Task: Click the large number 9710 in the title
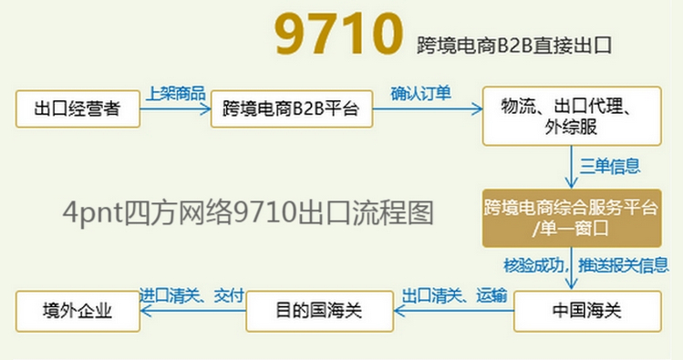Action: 338,36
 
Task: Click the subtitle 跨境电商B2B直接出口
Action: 512,43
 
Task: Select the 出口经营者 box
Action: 78,110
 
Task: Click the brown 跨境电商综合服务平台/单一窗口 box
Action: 572,218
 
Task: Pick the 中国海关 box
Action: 586,311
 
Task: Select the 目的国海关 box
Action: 319,311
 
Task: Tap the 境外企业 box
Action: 78,311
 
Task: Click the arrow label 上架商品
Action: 176,94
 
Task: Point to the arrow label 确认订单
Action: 420,93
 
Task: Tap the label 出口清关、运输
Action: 452,295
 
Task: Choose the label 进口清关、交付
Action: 192,295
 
